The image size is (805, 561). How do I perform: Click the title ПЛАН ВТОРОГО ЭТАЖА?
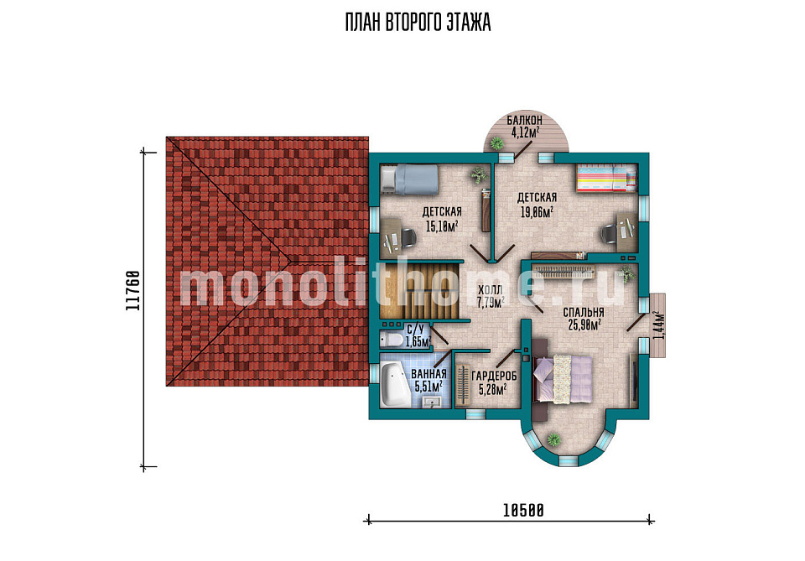pos(418,23)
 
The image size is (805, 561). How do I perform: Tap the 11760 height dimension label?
pos(133,290)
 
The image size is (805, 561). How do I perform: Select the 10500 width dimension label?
pos(523,510)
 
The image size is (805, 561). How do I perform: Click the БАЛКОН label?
pos(524,121)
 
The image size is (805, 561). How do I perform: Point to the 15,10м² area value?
pos(442,226)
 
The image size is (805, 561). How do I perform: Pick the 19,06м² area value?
pos(537,211)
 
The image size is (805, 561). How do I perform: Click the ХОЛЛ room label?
pos(489,290)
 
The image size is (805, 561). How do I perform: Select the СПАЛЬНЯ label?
pos(584,313)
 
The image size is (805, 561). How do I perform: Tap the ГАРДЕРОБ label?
pos(494,377)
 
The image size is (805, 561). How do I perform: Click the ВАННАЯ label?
pos(428,374)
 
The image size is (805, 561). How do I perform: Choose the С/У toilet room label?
pos(415,330)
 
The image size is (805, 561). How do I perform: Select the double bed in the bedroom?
pos(563,379)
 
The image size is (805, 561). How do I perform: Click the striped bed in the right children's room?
pos(605,178)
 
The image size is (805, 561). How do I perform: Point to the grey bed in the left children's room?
pos(410,179)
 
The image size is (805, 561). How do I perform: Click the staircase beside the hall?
pos(420,290)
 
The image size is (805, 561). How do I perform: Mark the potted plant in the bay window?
pos(553,439)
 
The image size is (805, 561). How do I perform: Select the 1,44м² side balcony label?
pos(657,325)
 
